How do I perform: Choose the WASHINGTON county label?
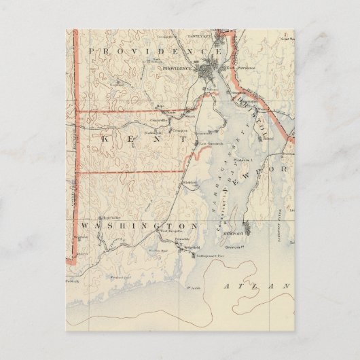[x=139, y=225]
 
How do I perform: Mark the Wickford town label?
[x=190, y=183]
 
